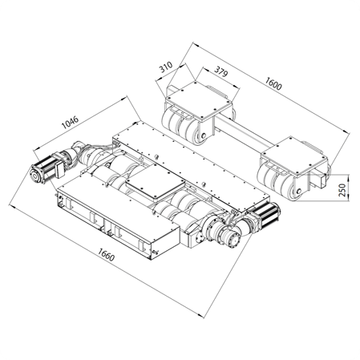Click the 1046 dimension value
[x=71, y=122]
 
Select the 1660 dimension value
[x=106, y=254]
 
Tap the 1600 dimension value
[x=273, y=83]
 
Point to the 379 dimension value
[x=220, y=71]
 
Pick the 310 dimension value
[x=166, y=67]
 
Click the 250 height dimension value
[x=342, y=189]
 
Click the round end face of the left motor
[x=35, y=176]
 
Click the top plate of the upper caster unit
[x=198, y=99]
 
